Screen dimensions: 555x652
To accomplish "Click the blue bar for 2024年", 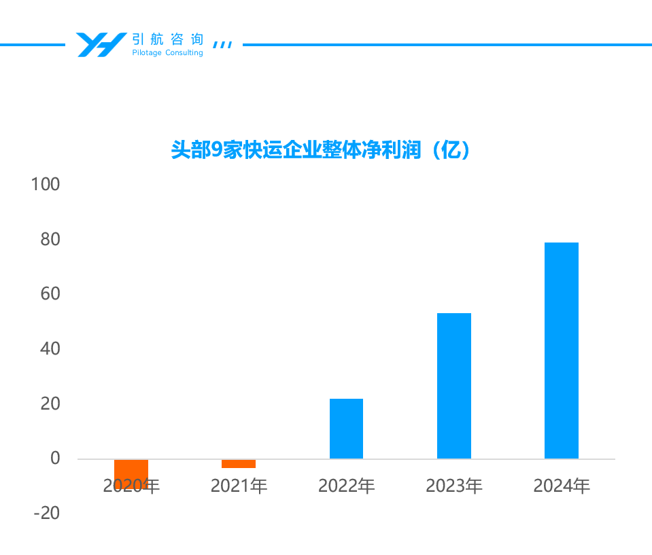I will [561, 351].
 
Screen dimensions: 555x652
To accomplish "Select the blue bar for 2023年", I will [453, 386].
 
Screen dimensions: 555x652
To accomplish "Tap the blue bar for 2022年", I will [346, 429].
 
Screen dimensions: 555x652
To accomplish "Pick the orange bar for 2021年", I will [239, 464].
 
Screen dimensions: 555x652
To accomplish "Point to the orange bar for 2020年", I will [131, 473].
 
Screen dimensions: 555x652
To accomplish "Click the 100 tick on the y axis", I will [46, 185].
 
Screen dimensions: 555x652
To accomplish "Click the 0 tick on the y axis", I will [55, 459].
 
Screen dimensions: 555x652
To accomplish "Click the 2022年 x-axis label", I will [346, 486].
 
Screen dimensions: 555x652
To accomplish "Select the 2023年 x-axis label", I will [453, 486].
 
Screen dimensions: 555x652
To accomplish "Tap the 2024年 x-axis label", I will [561, 486].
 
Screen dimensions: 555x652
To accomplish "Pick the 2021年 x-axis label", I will [239, 486].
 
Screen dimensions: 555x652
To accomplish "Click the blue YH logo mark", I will [100, 45].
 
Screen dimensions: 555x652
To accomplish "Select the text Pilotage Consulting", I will [167, 53].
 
